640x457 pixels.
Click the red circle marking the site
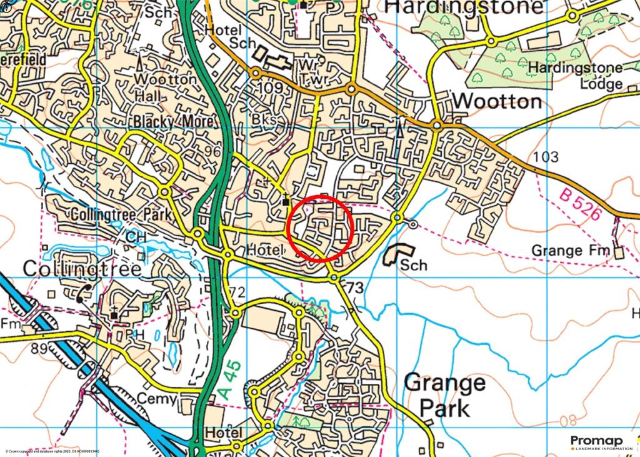(x=321, y=228)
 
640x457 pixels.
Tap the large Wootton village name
(x=497, y=101)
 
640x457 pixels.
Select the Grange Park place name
(x=444, y=395)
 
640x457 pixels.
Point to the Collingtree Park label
(x=121, y=214)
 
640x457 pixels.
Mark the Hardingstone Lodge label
(x=575, y=75)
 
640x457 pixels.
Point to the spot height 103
(x=547, y=157)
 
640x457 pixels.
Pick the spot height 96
(x=213, y=152)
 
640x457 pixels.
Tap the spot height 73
(x=354, y=288)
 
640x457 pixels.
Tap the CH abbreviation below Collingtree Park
(x=135, y=238)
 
